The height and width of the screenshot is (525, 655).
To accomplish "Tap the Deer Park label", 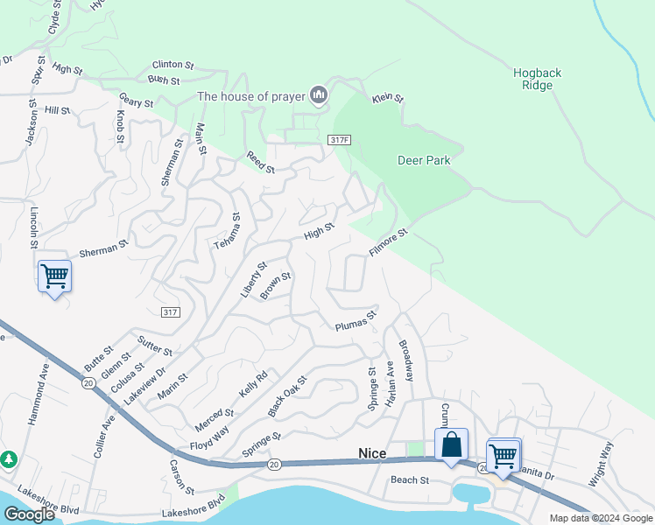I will click(x=423, y=161).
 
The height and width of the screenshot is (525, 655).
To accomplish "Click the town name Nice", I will click(x=373, y=453).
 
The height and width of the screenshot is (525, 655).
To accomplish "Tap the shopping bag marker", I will click(x=451, y=444).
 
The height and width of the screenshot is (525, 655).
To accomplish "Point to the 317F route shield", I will click(x=340, y=140).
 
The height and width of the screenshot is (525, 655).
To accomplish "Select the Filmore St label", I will click(x=389, y=242).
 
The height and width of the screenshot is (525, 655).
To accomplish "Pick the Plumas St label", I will click(x=356, y=321).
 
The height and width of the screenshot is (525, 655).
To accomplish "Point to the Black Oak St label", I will click(x=288, y=395).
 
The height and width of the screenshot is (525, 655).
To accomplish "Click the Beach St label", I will click(x=409, y=480).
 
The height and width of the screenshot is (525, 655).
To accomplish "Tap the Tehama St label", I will click(x=228, y=231).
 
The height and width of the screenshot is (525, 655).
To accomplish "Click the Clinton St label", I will click(x=173, y=65).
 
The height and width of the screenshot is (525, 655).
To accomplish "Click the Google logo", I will click(x=29, y=514).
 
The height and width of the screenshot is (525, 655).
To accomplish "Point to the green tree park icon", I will click(x=8, y=458).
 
